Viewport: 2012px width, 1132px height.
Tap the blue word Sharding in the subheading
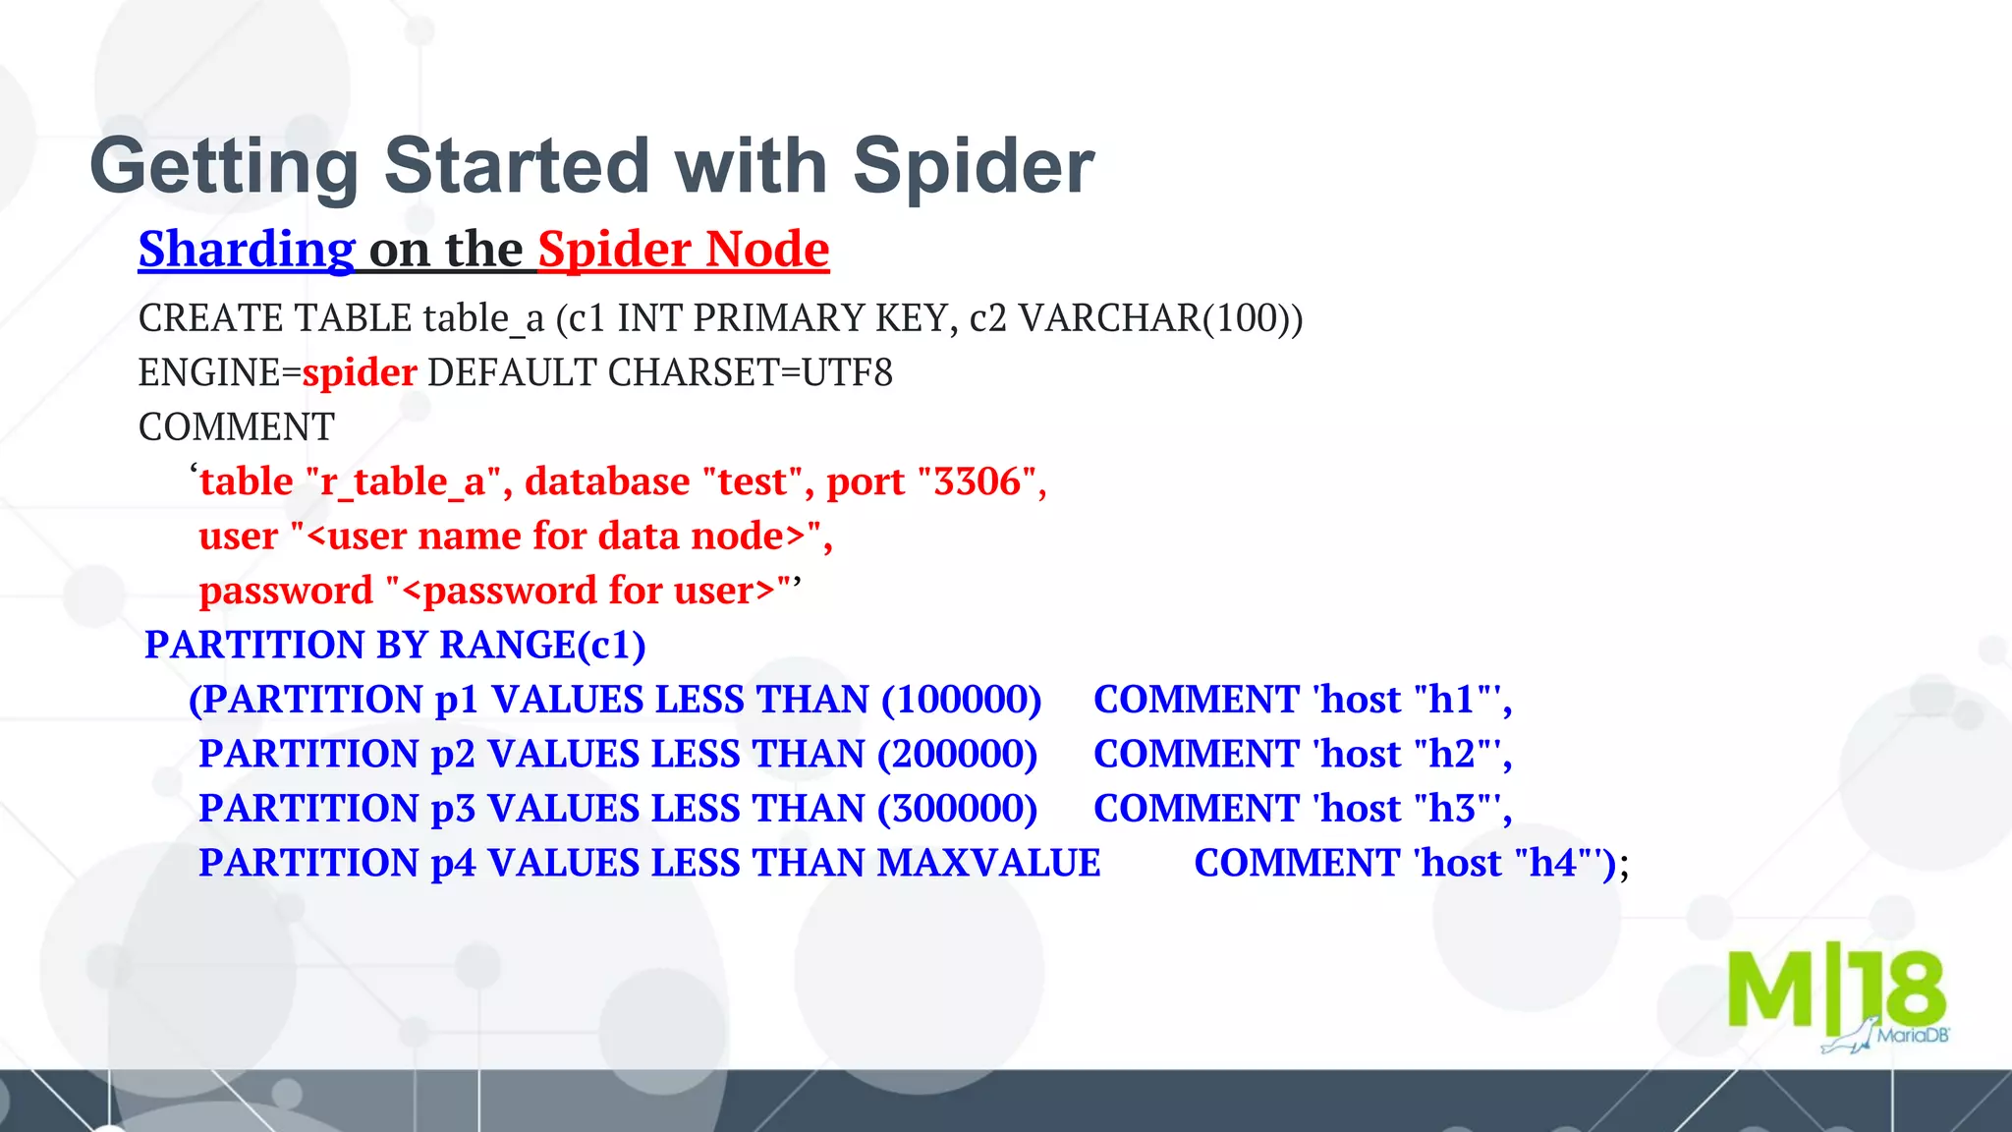tap(247, 250)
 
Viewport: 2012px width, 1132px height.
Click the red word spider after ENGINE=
tap(360, 373)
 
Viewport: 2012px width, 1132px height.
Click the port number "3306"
tap(977, 481)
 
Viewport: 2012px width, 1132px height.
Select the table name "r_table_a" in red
tap(403, 481)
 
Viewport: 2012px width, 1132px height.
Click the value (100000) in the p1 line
tap(961, 700)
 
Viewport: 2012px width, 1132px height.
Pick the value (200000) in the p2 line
tap(957, 754)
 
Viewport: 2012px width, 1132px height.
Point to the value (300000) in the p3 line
tap(957, 809)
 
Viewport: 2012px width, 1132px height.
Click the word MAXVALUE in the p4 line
tap(988, 863)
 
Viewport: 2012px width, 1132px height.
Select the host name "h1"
tap(1451, 700)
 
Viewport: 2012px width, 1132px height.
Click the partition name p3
tap(453, 809)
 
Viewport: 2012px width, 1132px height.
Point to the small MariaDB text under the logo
tap(1912, 1036)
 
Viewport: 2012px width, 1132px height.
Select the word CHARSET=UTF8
tap(750, 373)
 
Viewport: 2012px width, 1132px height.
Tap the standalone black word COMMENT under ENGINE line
tap(237, 427)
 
